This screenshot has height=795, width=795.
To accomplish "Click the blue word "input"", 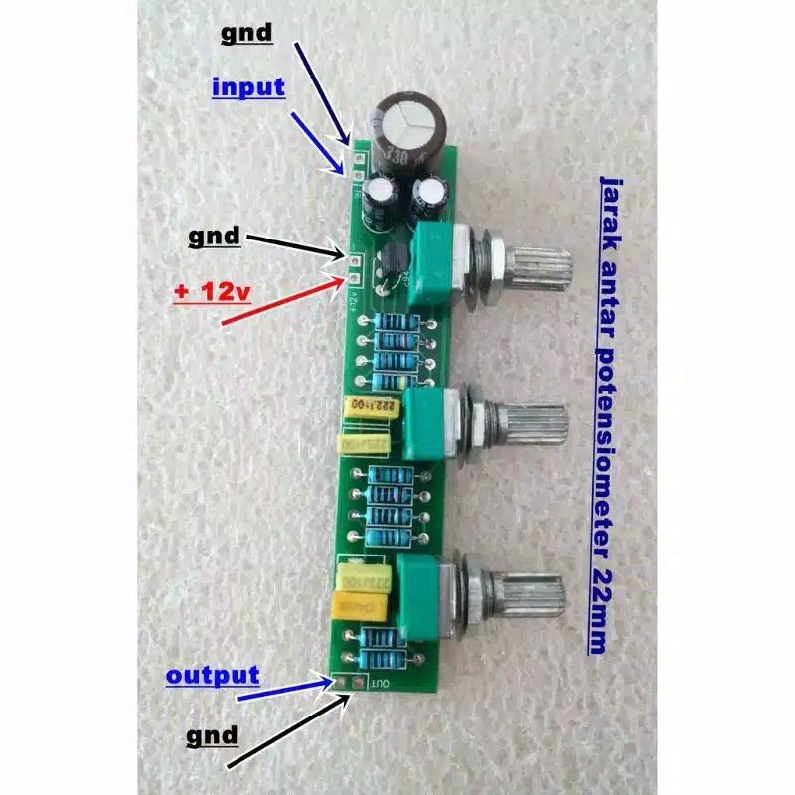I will pos(248,87).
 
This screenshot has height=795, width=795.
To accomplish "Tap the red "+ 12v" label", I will pos(215,295).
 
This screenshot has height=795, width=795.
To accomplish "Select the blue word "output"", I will pos(213,676).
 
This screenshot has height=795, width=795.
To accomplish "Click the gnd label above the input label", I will pos(244,32).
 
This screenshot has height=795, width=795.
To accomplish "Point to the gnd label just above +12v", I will pos(214,237).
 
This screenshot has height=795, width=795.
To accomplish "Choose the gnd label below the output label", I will pos(213,735).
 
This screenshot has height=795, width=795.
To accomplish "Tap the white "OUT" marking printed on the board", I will pos(379,684).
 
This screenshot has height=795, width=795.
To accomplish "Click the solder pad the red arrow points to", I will pos(355,277).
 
